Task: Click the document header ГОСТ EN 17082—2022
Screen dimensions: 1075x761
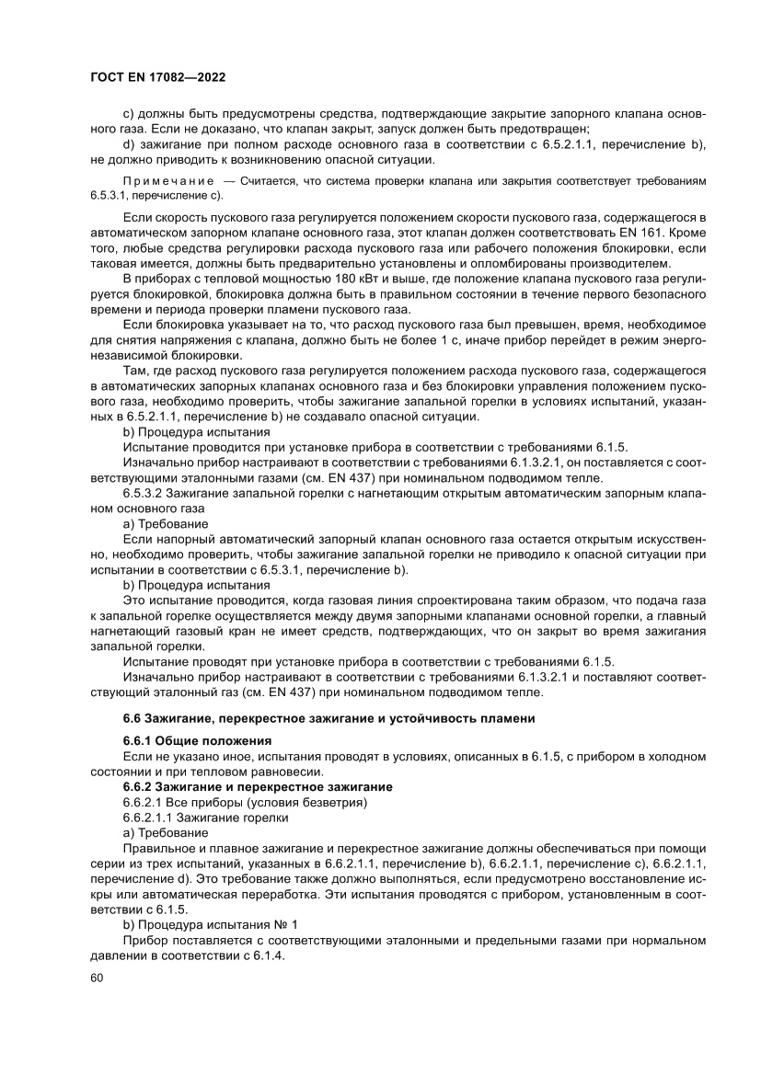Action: pyautogui.click(x=158, y=78)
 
